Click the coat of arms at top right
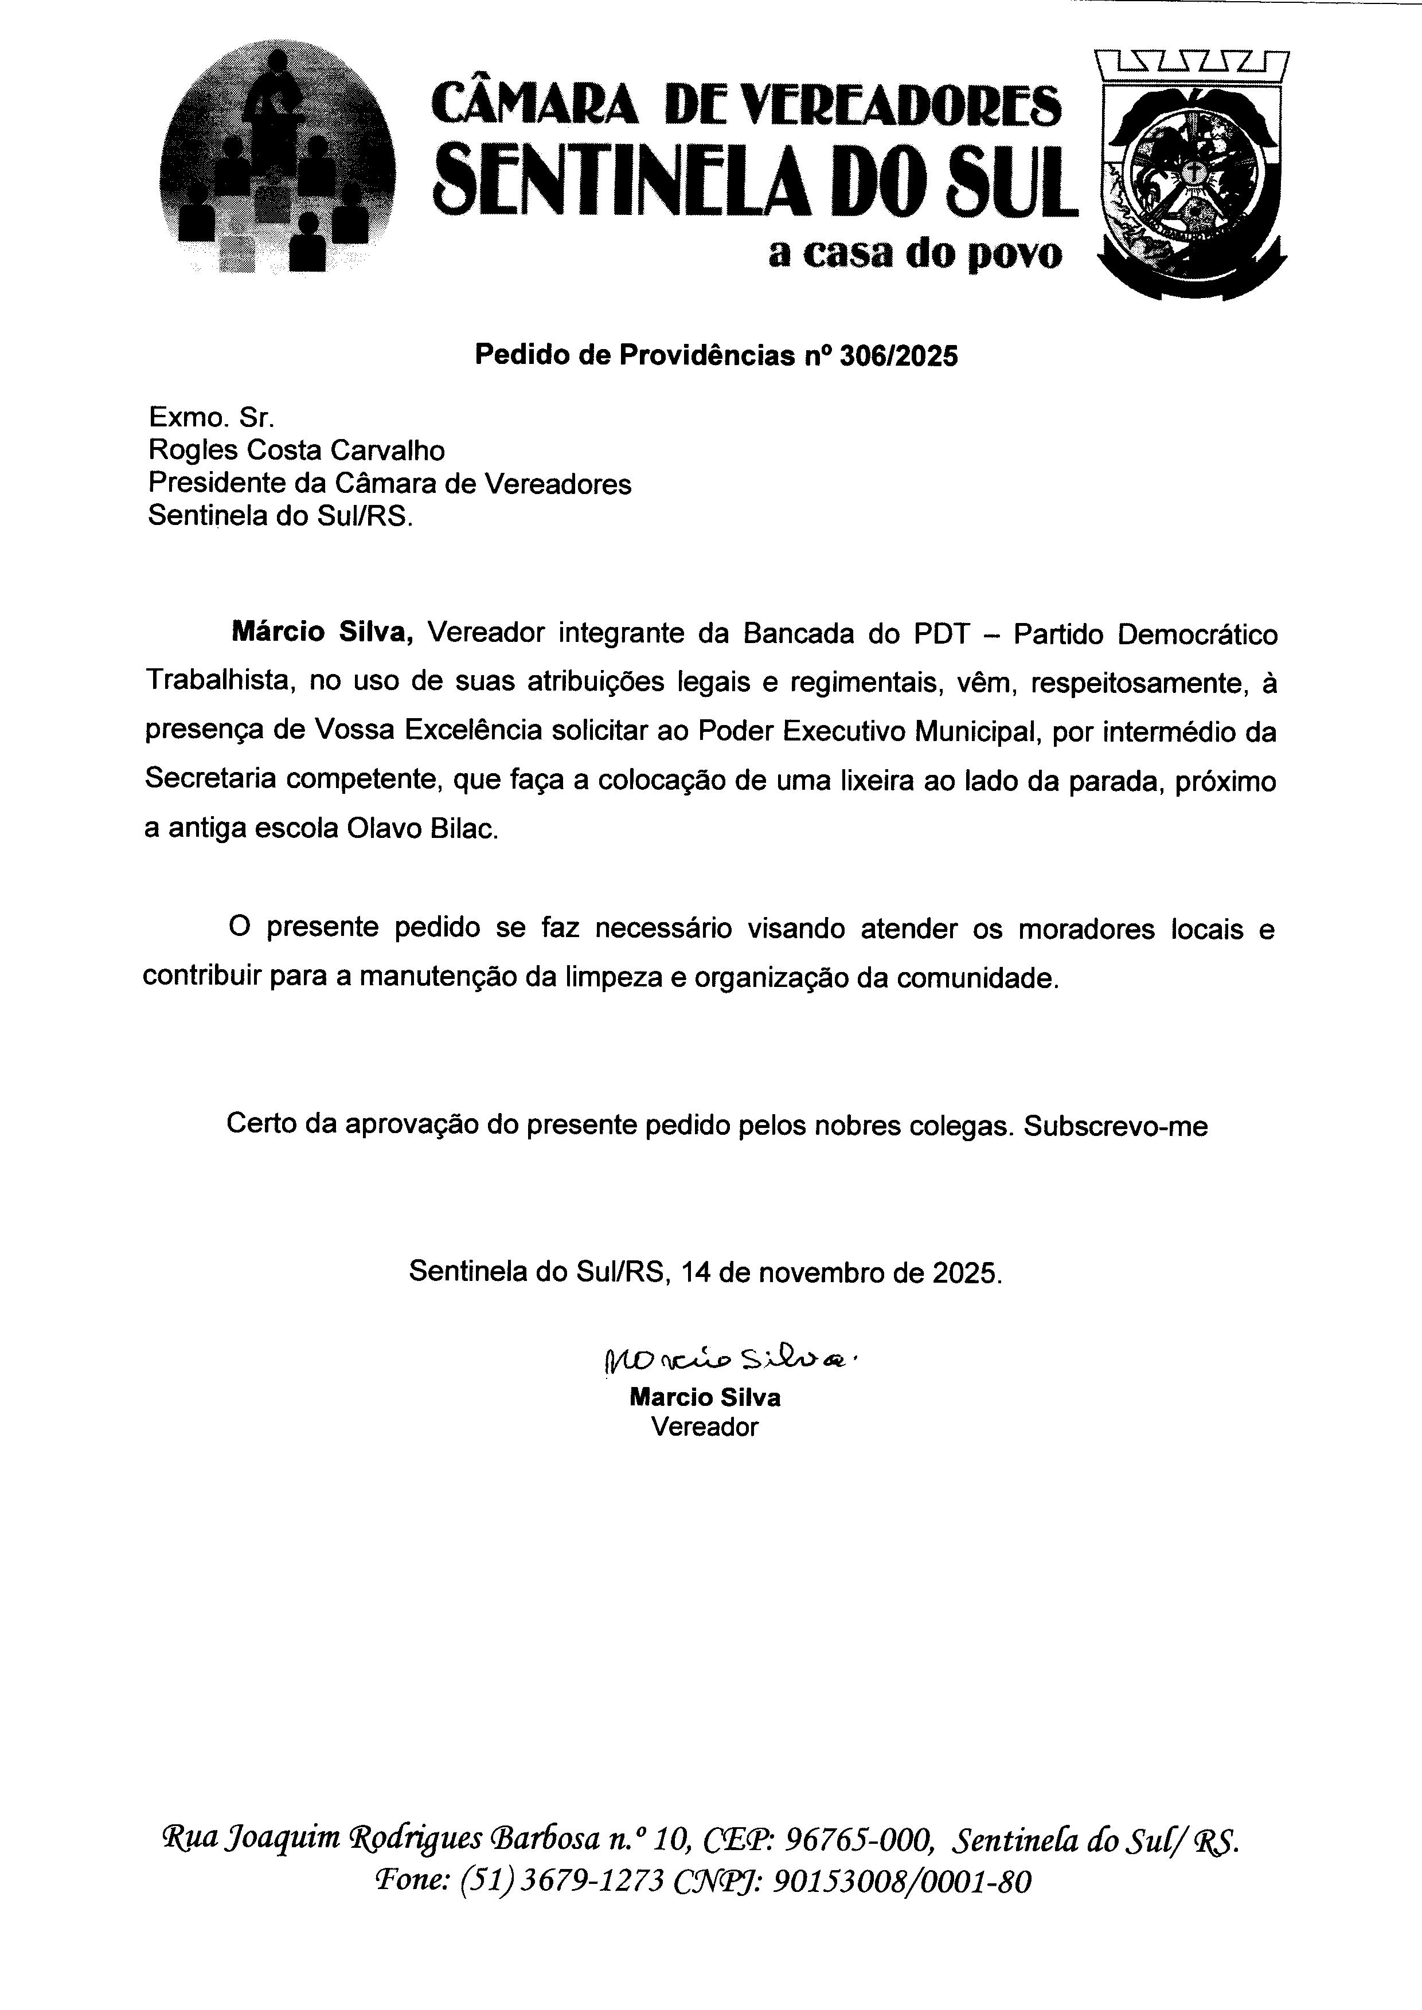point(1191,175)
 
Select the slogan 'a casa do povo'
point(915,254)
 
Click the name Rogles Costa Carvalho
point(296,451)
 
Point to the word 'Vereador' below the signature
point(705,1427)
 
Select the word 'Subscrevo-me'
point(1116,1126)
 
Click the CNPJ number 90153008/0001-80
point(903,1880)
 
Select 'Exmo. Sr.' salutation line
point(213,417)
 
